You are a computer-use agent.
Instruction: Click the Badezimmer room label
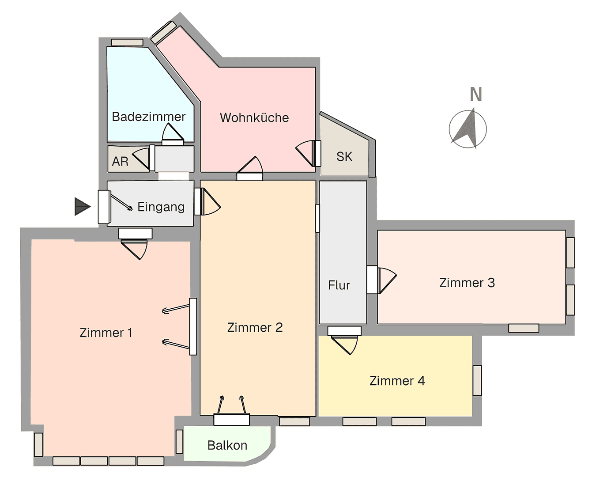148,117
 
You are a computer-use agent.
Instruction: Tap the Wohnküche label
254,118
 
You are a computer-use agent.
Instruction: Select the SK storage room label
344,157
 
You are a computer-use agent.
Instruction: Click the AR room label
120,162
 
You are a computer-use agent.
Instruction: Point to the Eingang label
161,207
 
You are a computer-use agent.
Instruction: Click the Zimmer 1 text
106,333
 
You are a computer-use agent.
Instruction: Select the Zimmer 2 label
255,328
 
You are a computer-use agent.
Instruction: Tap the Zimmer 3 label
467,283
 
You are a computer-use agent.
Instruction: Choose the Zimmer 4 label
397,381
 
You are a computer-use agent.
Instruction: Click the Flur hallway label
339,285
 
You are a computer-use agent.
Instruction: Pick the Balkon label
227,445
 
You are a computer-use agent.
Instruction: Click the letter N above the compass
475,95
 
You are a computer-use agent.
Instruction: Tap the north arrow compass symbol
468,129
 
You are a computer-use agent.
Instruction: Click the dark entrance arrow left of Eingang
82,207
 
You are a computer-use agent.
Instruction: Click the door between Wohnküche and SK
309,153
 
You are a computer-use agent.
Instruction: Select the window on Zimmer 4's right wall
477,380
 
